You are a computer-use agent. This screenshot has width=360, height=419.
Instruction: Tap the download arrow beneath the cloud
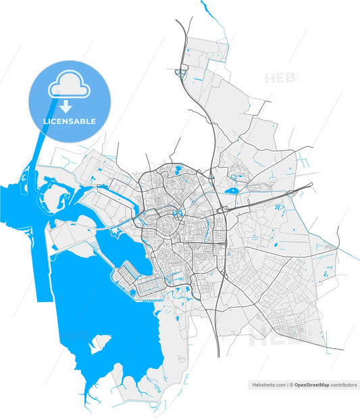(65, 105)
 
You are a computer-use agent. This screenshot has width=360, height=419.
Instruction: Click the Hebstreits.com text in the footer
(267, 385)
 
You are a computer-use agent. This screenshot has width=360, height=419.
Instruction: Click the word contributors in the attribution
(344, 385)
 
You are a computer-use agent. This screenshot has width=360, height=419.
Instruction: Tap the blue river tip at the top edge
(203, 5)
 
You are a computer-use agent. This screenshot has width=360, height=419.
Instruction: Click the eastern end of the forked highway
(312, 183)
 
